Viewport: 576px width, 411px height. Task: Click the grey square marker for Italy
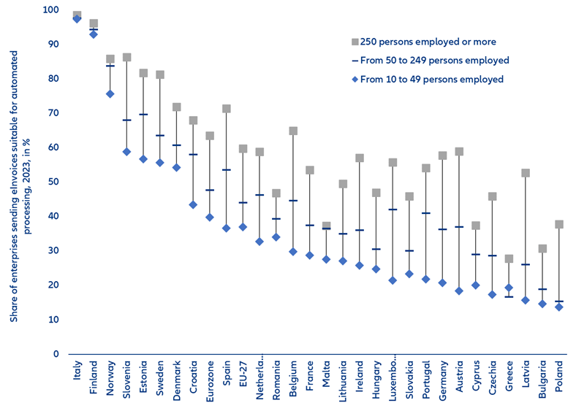coord(77,15)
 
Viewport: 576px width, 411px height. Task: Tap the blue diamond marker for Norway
coord(110,93)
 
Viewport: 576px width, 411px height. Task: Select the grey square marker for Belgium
coord(292,131)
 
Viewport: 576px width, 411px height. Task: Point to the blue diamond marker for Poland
coord(558,307)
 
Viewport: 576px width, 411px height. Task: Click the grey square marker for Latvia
coord(526,173)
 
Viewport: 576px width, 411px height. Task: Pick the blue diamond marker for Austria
coord(459,291)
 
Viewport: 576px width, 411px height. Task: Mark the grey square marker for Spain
coord(227,109)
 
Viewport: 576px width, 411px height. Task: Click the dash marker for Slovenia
coord(126,120)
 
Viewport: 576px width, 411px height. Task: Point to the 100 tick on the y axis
coord(50,10)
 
